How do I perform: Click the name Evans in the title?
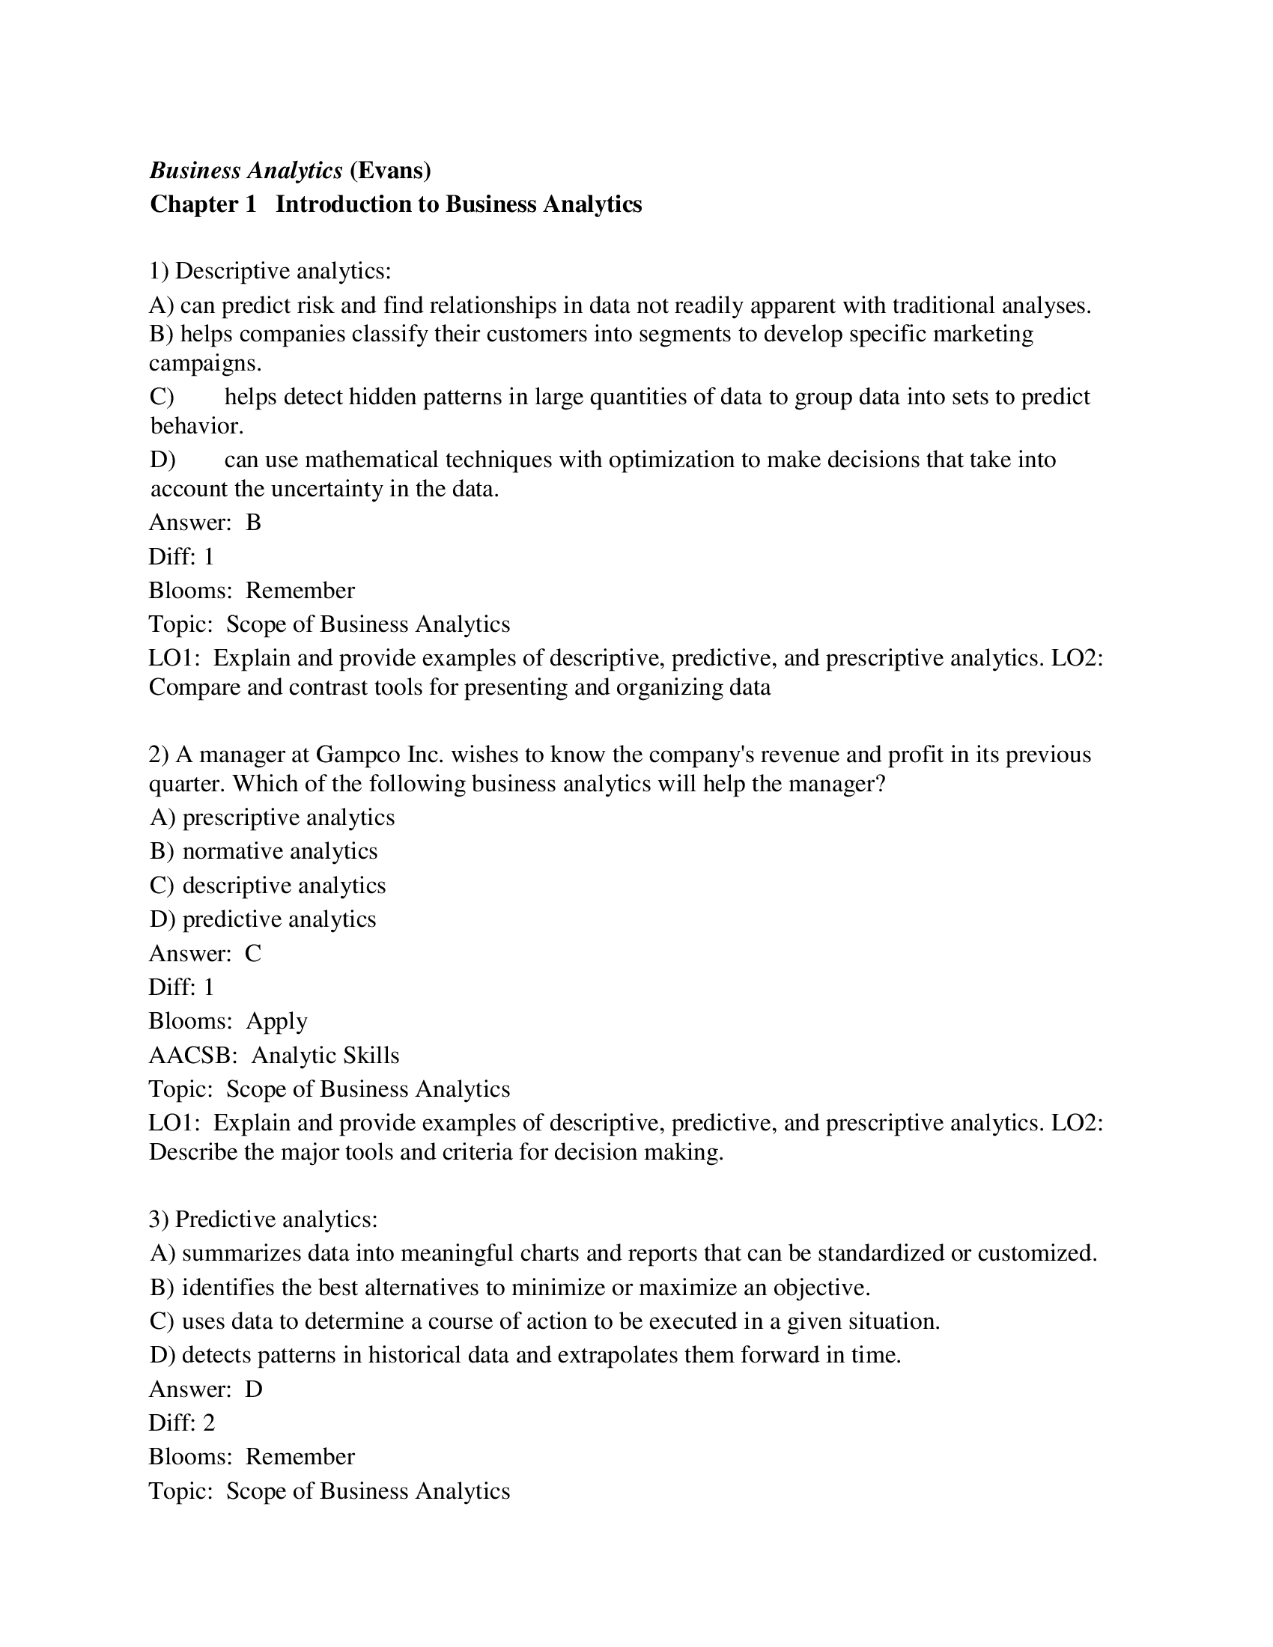[390, 171]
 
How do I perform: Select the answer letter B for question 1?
[253, 523]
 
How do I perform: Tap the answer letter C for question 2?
[252, 954]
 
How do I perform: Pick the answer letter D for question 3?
[253, 1389]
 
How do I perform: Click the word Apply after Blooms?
[277, 1021]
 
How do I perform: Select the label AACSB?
[192, 1056]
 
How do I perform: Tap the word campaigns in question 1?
[204, 364]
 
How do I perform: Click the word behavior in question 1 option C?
[195, 427]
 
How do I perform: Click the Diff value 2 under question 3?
[209, 1423]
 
